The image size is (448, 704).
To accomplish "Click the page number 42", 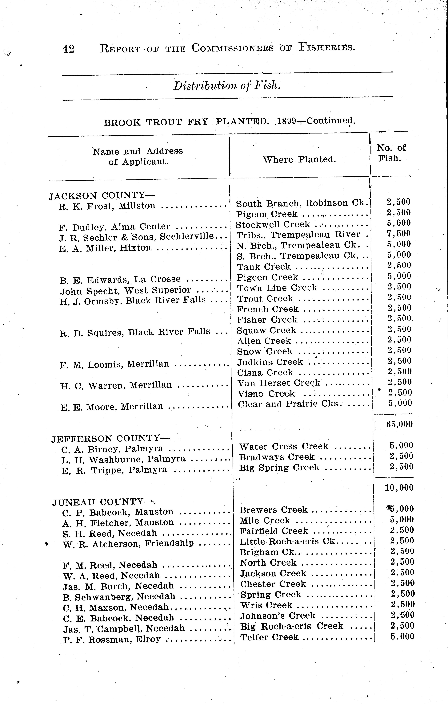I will [68, 49].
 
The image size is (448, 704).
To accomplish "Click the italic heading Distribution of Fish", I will [227, 86].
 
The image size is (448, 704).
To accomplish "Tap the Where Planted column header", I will [299, 159].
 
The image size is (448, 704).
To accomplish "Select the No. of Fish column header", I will [391, 153].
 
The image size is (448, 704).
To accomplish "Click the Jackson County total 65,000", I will [399, 424].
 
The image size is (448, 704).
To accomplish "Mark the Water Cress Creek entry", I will [284, 446].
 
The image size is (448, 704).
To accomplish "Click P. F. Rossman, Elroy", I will [112, 639].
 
